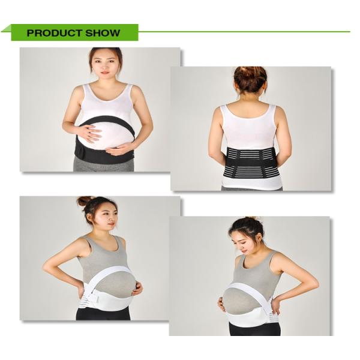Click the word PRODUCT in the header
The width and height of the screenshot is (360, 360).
[50, 33]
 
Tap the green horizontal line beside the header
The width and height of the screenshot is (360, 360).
[240, 31]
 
